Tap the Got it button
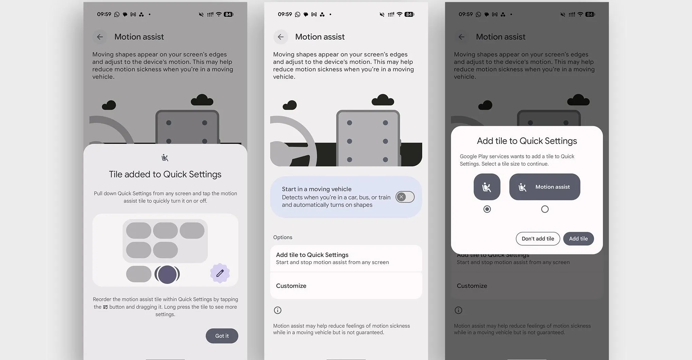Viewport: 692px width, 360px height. [222, 336]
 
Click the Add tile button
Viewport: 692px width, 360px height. [578, 239]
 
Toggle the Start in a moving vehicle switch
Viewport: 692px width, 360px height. [405, 197]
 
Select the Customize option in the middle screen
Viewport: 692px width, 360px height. [346, 286]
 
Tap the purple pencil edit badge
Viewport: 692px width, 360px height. [220, 273]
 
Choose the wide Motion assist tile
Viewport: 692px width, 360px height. [544, 187]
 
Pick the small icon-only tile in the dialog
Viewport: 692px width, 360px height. [487, 187]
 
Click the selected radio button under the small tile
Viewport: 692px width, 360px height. [487, 209]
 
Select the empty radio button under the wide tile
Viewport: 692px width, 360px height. [545, 209]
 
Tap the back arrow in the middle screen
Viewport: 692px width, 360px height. [281, 37]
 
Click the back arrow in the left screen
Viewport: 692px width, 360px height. [100, 37]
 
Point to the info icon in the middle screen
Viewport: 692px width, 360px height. [277, 310]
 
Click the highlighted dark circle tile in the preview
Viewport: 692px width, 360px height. [167, 274]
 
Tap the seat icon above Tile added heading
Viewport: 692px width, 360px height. [165, 157]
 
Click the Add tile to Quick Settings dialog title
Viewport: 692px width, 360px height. [527, 141]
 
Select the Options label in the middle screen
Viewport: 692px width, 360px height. [283, 237]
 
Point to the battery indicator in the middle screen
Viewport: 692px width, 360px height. [409, 14]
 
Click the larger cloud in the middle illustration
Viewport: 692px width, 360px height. [383, 100]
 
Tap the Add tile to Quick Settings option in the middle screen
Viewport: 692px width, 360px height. [346, 258]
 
